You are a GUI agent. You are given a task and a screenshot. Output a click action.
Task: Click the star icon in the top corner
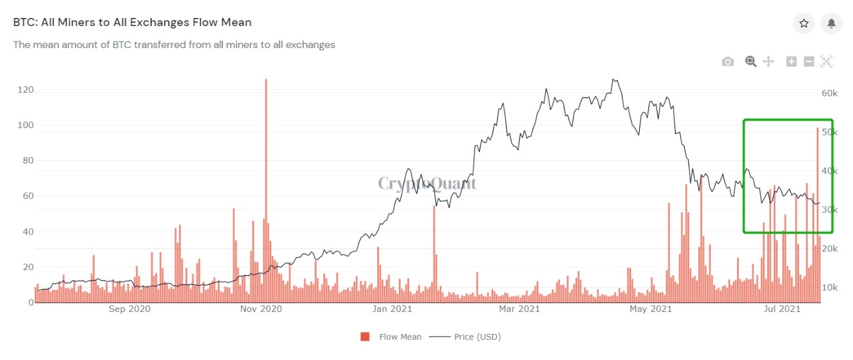[x=804, y=23]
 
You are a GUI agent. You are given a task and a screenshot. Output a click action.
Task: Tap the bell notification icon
[x=832, y=23]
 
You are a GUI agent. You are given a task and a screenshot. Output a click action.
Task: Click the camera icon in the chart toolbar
[x=728, y=62]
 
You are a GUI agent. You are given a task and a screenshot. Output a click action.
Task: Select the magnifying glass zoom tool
[x=751, y=62]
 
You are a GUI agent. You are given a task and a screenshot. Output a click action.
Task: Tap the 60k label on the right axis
[x=829, y=93]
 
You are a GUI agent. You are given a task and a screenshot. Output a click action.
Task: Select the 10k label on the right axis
[x=829, y=288]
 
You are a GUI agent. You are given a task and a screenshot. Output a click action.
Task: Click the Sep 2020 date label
[x=129, y=309]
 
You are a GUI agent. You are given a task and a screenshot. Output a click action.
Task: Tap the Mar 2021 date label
[x=520, y=309]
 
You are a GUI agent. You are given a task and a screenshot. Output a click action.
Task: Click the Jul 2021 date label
[x=781, y=309]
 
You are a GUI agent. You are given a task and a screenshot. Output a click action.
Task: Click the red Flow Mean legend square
[x=365, y=337]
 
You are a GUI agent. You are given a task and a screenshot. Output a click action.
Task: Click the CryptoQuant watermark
[x=427, y=183]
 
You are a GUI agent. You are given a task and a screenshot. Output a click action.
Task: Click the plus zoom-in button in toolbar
[x=792, y=62]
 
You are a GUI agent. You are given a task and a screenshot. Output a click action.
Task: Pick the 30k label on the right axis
[x=829, y=210]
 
